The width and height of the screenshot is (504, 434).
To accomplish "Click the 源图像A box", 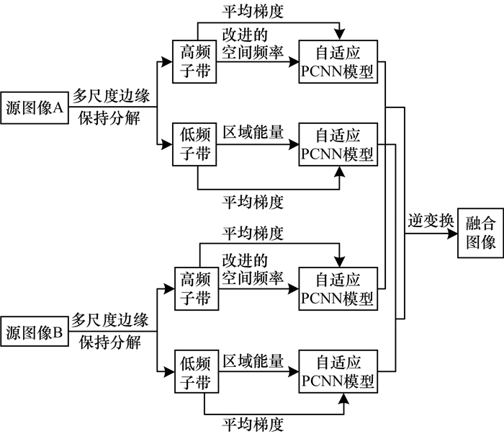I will tap(34, 108).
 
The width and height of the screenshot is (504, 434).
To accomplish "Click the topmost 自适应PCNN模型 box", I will tap(338, 62).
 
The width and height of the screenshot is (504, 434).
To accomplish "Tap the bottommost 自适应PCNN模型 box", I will tap(338, 371).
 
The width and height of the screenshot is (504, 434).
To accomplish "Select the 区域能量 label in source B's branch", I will tap(253, 359).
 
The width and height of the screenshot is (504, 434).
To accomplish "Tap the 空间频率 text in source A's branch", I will tap(253, 53).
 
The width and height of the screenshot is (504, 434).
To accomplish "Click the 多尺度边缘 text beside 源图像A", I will tap(109, 95).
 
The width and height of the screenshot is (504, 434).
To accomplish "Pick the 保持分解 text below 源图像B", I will tap(109, 342).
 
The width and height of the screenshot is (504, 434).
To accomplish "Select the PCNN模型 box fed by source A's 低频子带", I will tap(338, 145).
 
